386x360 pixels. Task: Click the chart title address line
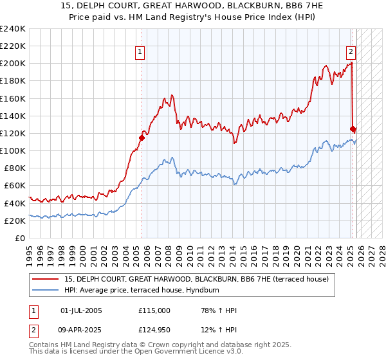click(193, 6)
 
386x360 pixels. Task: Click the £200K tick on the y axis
click(13, 64)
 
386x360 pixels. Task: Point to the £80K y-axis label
click(14, 168)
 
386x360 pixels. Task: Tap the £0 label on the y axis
click(21, 238)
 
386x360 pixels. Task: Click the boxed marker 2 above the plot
click(351, 53)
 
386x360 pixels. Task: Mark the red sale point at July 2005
click(142, 137)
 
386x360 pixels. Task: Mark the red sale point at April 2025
click(353, 129)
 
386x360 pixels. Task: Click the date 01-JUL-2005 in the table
click(80, 310)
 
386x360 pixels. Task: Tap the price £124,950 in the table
click(154, 330)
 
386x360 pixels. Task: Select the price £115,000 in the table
click(154, 310)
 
